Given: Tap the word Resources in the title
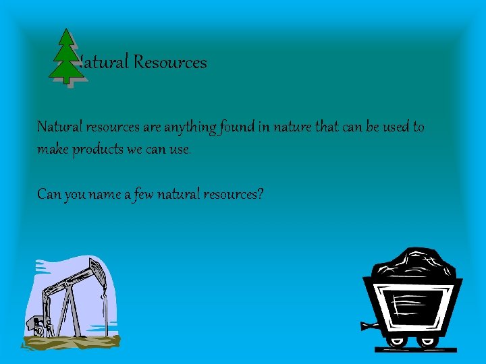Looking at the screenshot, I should (170, 63).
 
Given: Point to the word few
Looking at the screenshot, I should (142, 194).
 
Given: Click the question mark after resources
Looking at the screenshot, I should (260, 194).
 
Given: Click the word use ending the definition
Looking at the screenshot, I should (180, 148).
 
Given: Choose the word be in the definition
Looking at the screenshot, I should (372, 127).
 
